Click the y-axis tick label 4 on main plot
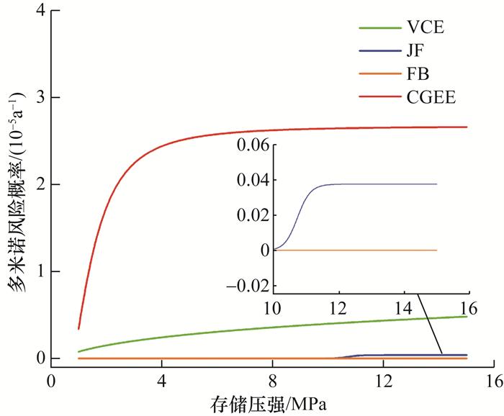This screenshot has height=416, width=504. (35, 11)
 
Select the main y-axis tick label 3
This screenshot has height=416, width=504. (35, 98)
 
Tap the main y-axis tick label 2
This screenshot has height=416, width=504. (35, 185)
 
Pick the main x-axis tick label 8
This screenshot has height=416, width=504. (272, 379)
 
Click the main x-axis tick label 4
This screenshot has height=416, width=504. (161, 379)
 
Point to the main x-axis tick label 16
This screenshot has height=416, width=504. (492, 379)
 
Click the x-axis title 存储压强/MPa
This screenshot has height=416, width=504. (271, 401)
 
